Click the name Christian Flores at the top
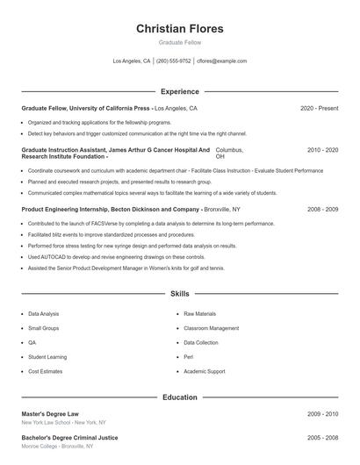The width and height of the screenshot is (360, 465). [179, 28]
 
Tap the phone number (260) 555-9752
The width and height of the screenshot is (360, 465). [173, 61]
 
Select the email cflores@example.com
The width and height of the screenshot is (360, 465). [221, 61]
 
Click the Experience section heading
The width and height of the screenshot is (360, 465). [179, 91]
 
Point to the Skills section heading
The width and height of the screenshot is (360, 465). [179, 293]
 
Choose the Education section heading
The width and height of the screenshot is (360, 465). [179, 397]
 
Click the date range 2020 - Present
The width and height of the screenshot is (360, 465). [319, 109]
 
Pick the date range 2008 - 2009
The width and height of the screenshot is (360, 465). [322, 210]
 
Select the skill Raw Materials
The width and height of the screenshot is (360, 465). [199, 313]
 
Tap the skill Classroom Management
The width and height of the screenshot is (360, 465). [211, 328]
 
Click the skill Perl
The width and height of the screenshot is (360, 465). [188, 357]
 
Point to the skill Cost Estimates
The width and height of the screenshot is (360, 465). [45, 371]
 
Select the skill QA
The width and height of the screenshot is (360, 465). [32, 342]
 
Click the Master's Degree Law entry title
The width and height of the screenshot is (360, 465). [50, 413]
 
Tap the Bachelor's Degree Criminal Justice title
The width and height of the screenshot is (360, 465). [68, 437]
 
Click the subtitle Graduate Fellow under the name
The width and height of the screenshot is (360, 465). [179, 42]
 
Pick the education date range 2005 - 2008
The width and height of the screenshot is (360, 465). [322, 437]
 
